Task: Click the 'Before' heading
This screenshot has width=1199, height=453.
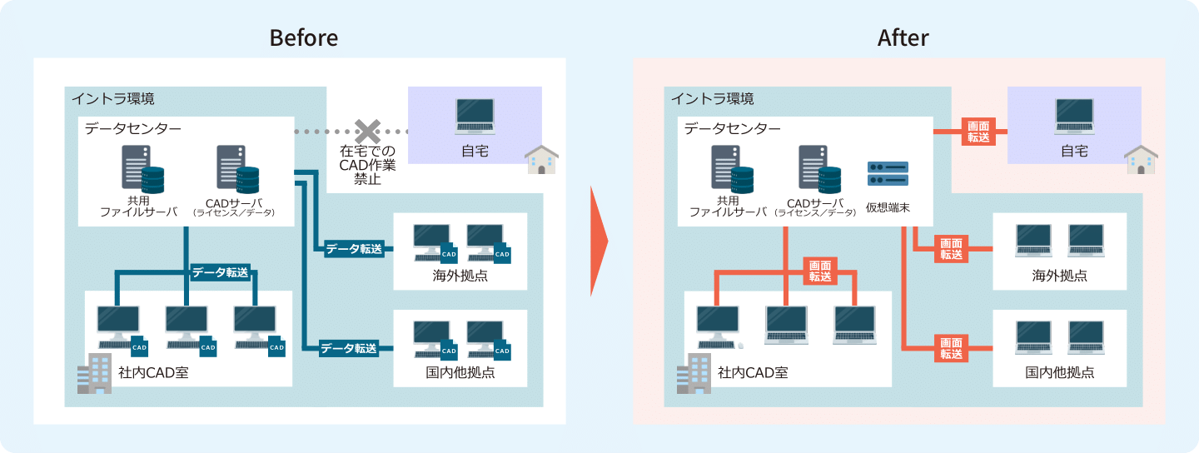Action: [303, 37]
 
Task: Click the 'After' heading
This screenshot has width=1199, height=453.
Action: [903, 37]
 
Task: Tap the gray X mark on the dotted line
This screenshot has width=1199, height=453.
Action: [367, 132]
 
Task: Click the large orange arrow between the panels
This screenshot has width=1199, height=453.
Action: [599, 241]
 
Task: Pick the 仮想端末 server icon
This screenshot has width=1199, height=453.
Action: [888, 173]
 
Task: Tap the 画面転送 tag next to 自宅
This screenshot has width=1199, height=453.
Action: [979, 132]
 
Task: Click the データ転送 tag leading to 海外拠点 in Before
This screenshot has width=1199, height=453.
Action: [354, 248]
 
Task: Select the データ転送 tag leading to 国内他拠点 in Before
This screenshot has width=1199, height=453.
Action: [349, 348]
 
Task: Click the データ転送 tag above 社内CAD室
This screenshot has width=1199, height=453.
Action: [220, 272]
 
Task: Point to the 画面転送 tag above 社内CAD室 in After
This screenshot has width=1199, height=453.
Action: [820, 271]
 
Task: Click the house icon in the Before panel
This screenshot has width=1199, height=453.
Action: [541, 160]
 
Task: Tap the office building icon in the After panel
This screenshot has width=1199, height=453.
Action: [694, 374]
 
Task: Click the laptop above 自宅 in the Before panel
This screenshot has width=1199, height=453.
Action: [475, 117]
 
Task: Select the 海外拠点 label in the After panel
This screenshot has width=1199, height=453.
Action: [1059, 276]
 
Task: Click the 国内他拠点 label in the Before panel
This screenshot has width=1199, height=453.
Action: [460, 372]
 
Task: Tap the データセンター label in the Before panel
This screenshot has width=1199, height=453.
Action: [132, 128]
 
